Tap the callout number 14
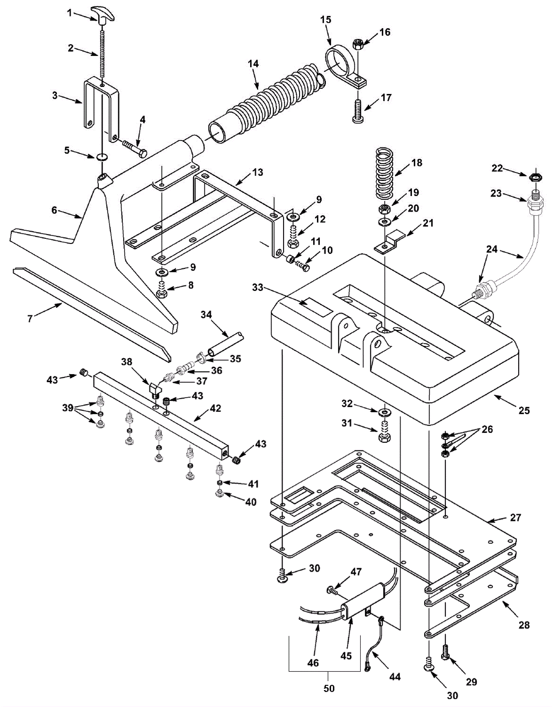tap(253, 64)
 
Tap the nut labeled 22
tap(536, 177)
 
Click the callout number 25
tap(524, 411)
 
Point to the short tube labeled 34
tap(225, 344)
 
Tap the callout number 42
tap(215, 408)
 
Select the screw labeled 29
tap(446, 652)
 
